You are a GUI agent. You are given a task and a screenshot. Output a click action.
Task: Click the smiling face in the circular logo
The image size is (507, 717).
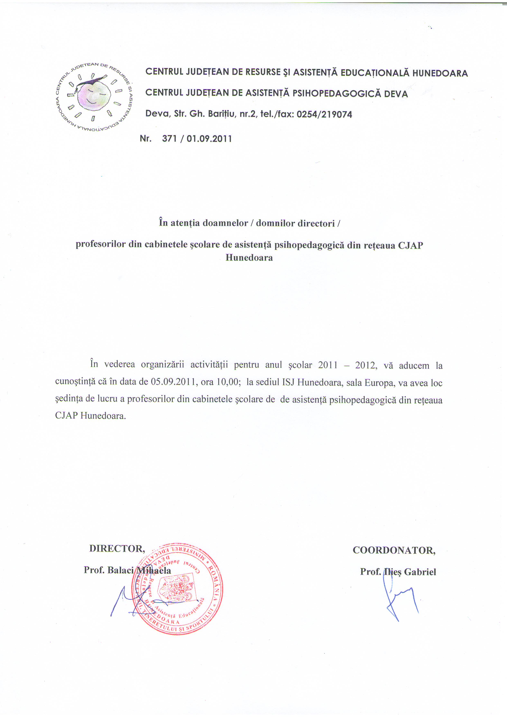(94, 94)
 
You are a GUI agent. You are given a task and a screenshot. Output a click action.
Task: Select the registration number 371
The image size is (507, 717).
(169, 139)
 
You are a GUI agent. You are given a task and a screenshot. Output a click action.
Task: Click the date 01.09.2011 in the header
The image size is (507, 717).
(209, 139)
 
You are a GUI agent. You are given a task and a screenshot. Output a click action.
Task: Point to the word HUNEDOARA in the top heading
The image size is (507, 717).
(440, 73)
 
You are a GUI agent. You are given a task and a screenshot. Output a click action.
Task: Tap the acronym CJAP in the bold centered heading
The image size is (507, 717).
(410, 246)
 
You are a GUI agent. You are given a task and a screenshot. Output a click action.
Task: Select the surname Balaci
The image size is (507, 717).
(120, 570)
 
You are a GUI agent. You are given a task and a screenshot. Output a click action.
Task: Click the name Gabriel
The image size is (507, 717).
(420, 572)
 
